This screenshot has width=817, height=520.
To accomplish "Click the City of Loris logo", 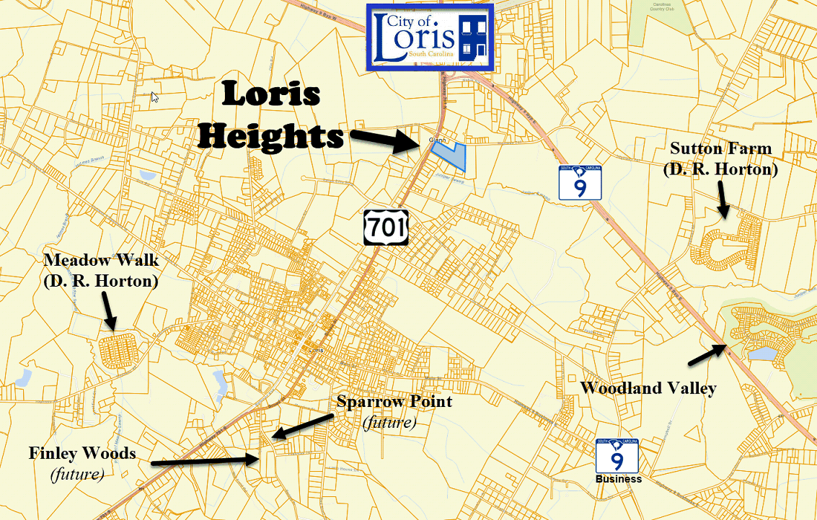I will [430, 37].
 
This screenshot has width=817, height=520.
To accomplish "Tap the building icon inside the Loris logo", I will [474, 37].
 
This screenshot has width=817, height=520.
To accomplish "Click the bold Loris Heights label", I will [270, 115].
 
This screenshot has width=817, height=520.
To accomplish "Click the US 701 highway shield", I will [387, 228].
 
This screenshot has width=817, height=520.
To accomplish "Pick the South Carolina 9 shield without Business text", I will [579, 182].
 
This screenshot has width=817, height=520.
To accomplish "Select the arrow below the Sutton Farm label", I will [723, 198].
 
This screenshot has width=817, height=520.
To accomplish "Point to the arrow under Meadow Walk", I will [107, 312].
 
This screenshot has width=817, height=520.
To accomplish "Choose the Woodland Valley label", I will [648, 388].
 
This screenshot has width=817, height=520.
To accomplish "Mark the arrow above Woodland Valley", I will [707, 354].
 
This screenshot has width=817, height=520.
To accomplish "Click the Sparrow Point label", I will [394, 401].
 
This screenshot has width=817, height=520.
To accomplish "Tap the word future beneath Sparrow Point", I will [389, 422].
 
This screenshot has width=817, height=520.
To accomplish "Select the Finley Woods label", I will [81, 453].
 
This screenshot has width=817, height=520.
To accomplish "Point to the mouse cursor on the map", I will [154, 97].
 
